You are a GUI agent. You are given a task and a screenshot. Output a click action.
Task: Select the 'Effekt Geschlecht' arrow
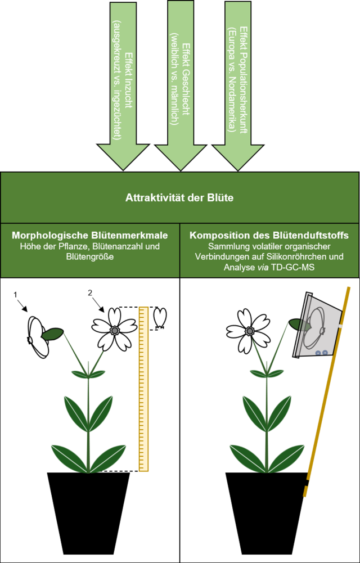(180, 84)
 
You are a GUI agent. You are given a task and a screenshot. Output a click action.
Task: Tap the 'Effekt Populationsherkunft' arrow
(237, 84)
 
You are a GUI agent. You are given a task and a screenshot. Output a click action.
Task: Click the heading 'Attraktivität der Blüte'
(179, 198)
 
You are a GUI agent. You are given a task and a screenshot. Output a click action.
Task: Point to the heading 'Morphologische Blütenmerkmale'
(90, 236)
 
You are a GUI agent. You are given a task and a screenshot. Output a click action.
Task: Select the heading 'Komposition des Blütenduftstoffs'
(269, 236)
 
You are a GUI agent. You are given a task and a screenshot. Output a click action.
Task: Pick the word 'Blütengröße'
(90, 257)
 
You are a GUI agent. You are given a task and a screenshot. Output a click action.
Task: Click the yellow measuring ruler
(143, 388)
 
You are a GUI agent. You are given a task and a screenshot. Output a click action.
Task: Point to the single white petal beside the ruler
(160, 318)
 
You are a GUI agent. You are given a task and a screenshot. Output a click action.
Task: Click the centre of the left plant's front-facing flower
(114, 329)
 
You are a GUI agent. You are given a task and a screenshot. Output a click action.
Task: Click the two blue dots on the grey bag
(321, 353)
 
